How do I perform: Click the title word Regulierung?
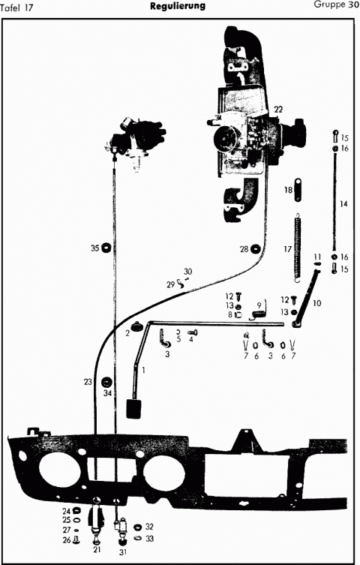(x=178, y=6)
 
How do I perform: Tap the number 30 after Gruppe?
(x=353, y=5)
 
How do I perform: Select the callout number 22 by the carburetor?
(x=278, y=110)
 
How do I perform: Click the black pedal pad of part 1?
(x=133, y=408)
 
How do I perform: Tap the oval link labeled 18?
(x=298, y=190)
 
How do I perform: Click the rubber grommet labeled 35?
(x=106, y=248)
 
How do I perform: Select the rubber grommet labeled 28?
(x=255, y=248)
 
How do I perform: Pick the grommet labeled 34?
(x=107, y=382)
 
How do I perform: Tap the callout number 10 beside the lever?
(x=316, y=303)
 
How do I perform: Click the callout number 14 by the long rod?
(x=343, y=204)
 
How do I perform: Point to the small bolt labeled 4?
(x=193, y=332)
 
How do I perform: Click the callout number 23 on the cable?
(x=88, y=382)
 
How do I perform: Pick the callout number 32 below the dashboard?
(x=149, y=527)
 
